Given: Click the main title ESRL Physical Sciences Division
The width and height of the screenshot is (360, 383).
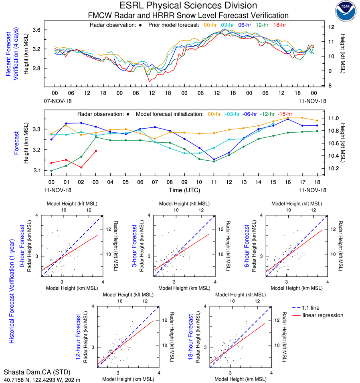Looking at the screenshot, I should point(188,6).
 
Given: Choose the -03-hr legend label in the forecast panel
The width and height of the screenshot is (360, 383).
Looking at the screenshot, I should point(236,114).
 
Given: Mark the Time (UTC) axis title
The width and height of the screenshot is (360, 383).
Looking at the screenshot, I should point(184,190).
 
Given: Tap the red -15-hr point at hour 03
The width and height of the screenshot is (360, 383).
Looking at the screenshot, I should point(95,151).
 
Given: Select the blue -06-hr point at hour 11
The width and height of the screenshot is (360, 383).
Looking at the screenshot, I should point(214,159).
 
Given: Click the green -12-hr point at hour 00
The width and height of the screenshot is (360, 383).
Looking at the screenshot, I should point(51,171).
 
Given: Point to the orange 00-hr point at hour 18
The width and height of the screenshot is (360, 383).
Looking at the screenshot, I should point(317,121).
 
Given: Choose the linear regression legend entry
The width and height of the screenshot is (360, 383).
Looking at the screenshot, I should point(323,315).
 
